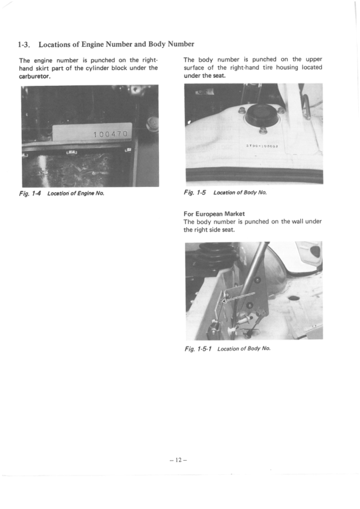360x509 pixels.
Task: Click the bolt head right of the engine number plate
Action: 152,125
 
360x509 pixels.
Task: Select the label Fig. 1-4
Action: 30,193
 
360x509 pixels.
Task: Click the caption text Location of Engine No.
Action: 76,193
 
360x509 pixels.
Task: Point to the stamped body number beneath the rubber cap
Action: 261,145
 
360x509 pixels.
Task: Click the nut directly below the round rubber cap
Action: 263,131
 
